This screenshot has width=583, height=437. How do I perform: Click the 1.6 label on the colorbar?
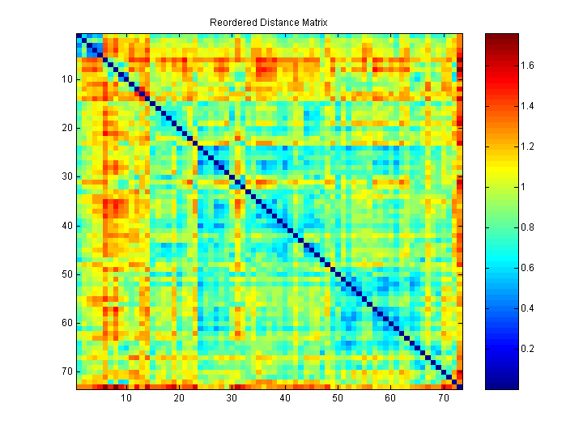tap(527, 66)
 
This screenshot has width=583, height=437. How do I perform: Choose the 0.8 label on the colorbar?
tap(527, 227)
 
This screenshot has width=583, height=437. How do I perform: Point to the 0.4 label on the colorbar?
tap(527, 308)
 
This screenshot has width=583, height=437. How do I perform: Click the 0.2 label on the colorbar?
tap(527, 349)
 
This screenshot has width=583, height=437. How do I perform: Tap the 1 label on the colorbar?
tap(523, 187)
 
